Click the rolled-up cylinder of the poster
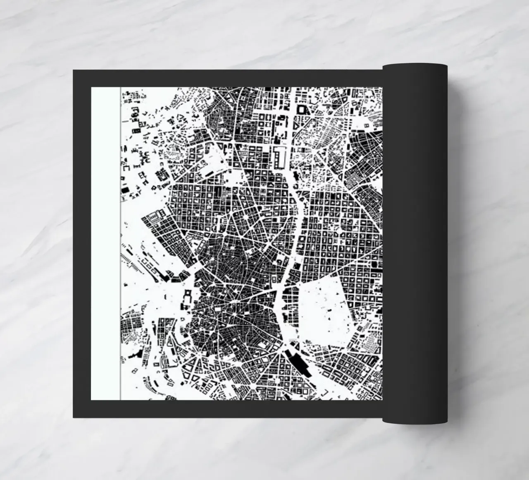click(x=415, y=244)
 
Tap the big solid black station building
click(x=298, y=362)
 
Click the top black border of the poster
click(x=227, y=78)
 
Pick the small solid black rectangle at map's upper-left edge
click(x=123, y=190)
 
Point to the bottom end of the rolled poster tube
click(x=415, y=421)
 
